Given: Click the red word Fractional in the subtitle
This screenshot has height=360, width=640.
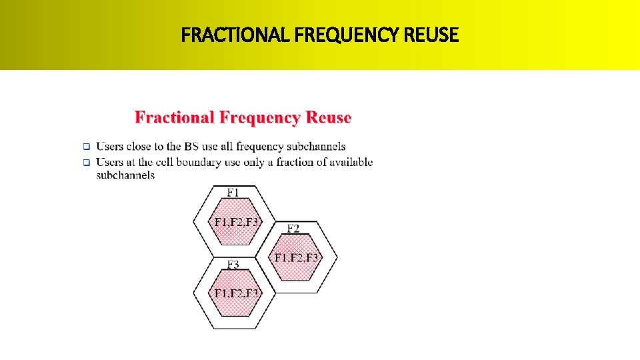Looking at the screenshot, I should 175,118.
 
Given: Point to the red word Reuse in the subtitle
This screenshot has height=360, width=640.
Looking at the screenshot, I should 329,118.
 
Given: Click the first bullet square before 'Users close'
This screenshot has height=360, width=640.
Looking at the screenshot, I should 85,147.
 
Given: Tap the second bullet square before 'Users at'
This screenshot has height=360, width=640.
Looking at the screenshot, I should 85,162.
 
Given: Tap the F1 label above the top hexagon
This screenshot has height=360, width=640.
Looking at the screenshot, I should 233,192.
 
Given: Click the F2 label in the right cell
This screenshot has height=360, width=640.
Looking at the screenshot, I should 293,229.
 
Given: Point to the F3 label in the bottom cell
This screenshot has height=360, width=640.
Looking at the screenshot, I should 233,265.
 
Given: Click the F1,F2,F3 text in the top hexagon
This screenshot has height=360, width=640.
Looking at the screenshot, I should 235,222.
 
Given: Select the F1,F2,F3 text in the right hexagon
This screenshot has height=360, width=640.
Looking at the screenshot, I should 297,257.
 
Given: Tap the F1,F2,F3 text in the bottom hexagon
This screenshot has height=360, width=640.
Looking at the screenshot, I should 235,293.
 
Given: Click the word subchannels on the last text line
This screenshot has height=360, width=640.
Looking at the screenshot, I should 125,175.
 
